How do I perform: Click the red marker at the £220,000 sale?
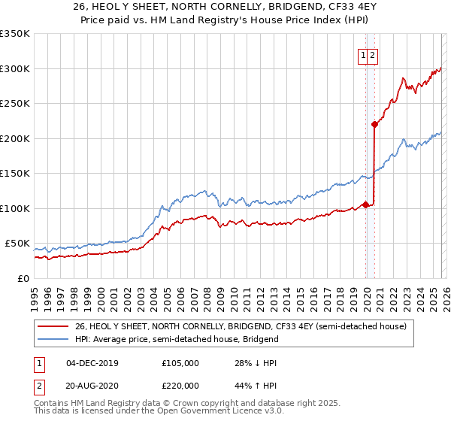374,125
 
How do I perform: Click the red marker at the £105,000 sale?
366,204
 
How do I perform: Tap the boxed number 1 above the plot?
363,55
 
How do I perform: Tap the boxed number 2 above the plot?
373,55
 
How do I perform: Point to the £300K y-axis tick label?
15,68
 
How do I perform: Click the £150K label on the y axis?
15,173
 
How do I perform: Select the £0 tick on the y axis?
23,278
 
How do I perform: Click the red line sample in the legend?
53,326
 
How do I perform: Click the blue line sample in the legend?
53,339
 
